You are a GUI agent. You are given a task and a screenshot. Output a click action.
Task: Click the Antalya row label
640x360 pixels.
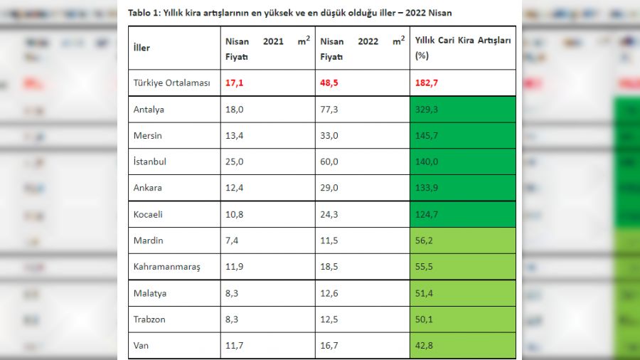tap(149, 110)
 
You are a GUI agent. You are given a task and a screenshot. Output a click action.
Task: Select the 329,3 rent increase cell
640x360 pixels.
tap(426, 110)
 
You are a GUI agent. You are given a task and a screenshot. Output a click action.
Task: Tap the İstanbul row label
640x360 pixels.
tap(150, 162)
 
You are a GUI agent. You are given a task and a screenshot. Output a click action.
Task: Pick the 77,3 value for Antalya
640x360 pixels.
tap(329, 110)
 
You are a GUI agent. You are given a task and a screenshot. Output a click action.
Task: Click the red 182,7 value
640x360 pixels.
tap(426, 83)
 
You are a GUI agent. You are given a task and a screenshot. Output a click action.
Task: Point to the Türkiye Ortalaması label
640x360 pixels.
tap(172, 83)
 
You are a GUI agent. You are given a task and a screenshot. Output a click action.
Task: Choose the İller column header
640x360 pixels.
tap(142, 48)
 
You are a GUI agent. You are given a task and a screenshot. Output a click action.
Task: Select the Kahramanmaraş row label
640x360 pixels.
tap(167, 267)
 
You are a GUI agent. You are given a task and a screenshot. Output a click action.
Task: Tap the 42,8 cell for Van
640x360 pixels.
tap(424, 346)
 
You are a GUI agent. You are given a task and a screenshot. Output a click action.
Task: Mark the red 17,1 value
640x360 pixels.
tap(234, 83)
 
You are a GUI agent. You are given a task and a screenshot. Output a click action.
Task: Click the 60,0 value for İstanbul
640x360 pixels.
tap(329, 162)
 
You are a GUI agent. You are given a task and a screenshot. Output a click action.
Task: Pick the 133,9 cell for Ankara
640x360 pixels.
tap(426, 188)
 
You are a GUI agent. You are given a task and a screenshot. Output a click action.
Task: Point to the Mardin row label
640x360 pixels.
tap(148, 240)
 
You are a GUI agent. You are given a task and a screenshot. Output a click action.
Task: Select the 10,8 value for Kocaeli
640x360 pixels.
tap(234, 214)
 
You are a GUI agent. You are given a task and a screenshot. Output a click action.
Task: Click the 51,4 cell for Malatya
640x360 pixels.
tap(424, 293)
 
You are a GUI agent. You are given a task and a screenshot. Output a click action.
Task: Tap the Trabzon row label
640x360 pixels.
tap(149, 319)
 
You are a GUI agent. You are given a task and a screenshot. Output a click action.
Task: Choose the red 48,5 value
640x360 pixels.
tap(329, 83)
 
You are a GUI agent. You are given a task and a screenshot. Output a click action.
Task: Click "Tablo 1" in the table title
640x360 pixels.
tap(144, 13)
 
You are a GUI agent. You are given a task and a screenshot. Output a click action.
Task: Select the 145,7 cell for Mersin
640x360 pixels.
tap(426, 135)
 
